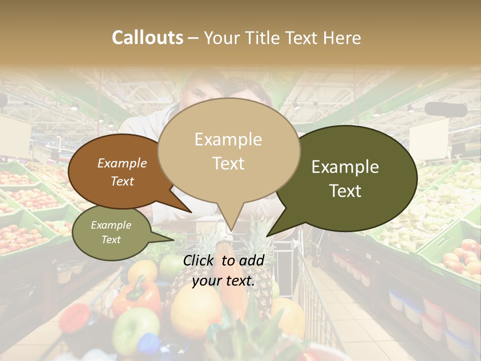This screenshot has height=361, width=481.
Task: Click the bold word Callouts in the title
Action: (147, 38)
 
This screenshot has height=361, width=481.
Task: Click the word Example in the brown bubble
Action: (122, 163)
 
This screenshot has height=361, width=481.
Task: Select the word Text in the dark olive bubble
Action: (346, 191)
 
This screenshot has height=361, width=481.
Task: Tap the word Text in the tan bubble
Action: (228, 163)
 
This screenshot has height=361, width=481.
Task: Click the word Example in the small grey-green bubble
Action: (111, 225)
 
